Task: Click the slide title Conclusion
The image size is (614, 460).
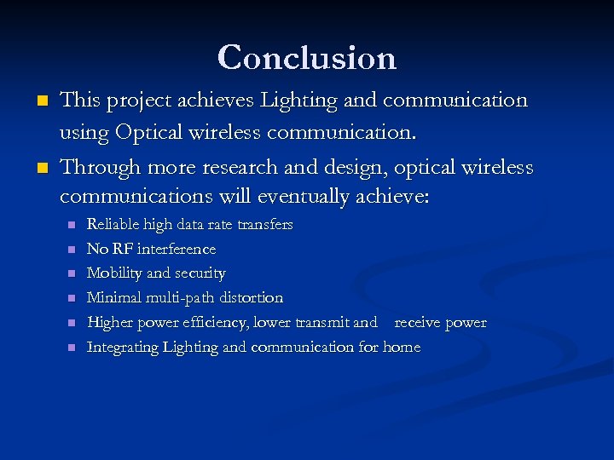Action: click(x=307, y=58)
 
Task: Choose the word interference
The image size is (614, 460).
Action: click(x=177, y=250)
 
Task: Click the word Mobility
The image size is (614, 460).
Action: click(x=115, y=273)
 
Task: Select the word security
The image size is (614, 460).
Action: click(x=200, y=273)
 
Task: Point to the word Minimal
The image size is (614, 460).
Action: click(x=114, y=298)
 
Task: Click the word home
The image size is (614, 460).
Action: click(x=402, y=348)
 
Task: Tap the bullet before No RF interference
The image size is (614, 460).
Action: click(x=72, y=250)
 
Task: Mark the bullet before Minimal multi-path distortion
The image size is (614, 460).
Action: click(x=72, y=299)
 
